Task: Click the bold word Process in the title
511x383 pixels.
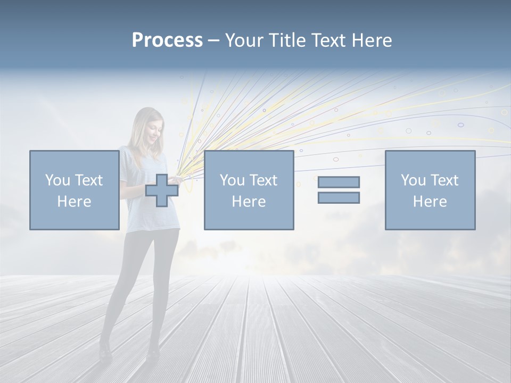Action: coord(167,40)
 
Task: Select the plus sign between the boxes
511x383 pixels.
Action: coord(162,190)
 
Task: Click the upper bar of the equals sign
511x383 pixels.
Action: coord(339,182)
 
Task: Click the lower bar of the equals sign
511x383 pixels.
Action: coord(339,198)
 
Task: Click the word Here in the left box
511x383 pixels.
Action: coord(74,202)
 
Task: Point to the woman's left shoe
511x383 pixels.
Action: coord(153,351)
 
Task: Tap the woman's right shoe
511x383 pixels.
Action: coord(105,348)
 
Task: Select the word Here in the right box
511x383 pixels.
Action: coord(430,202)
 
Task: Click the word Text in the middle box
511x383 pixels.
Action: coord(264,180)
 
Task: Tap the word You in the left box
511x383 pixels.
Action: coord(57,180)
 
